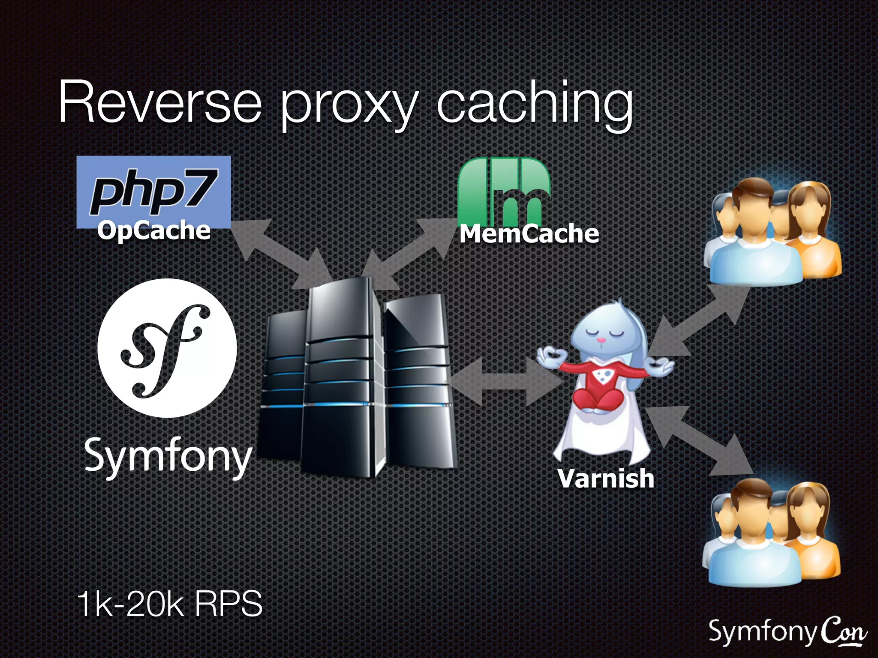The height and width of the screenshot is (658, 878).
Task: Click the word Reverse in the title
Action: [159, 103]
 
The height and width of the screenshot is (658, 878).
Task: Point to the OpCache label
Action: [154, 231]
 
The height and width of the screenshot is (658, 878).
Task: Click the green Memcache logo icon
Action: [504, 191]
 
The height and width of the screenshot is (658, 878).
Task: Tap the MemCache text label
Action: [529, 234]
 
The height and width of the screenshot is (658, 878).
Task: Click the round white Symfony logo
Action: [167, 348]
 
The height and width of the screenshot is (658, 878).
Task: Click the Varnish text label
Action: [606, 478]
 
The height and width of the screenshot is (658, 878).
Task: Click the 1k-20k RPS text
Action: [170, 604]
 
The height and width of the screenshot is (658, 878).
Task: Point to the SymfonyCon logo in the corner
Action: [787, 633]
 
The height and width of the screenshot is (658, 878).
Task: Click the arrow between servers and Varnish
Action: [504, 381]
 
